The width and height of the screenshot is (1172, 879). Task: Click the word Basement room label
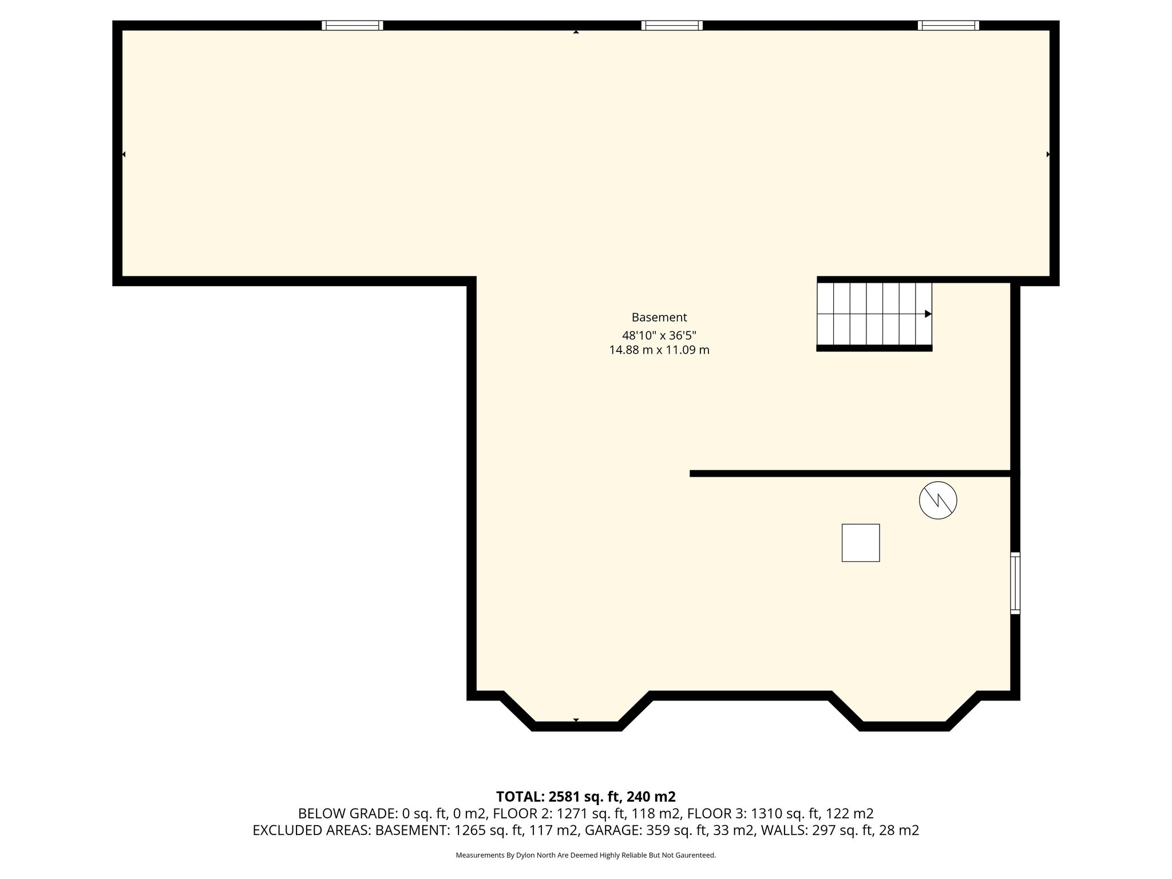pyautogui.click(x=659, y=317)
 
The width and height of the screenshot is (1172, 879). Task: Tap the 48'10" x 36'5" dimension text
pyautogui.click(x=659, y=335)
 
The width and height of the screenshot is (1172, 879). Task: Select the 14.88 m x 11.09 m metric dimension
pyautogui.click(x=659, y=350)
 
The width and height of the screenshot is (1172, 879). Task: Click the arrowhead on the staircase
pyautogui.click(x=928, y=314)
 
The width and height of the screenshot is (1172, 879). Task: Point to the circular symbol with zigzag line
pyautogui.click(x=938, y=501)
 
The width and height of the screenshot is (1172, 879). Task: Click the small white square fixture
pyautogui.click(x=861, y=543)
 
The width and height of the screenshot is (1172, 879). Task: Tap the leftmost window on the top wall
pyautogui.click(x=352, y=25)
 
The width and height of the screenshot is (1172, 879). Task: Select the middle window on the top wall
pyautogui.click(x=672, y=25)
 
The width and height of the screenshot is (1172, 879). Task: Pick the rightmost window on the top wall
pyautogui.click(x=948, y=25)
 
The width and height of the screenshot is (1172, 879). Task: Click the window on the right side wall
pyautogui.click(x=1015, y=583)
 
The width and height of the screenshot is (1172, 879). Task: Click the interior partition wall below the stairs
pyautogui.click(x=854, y=473)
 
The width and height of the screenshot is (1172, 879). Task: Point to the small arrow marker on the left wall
pyautogui.click(x=124, y=154)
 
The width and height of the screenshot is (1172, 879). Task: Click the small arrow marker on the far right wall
pyautogui.click(x=1048, y=154)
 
